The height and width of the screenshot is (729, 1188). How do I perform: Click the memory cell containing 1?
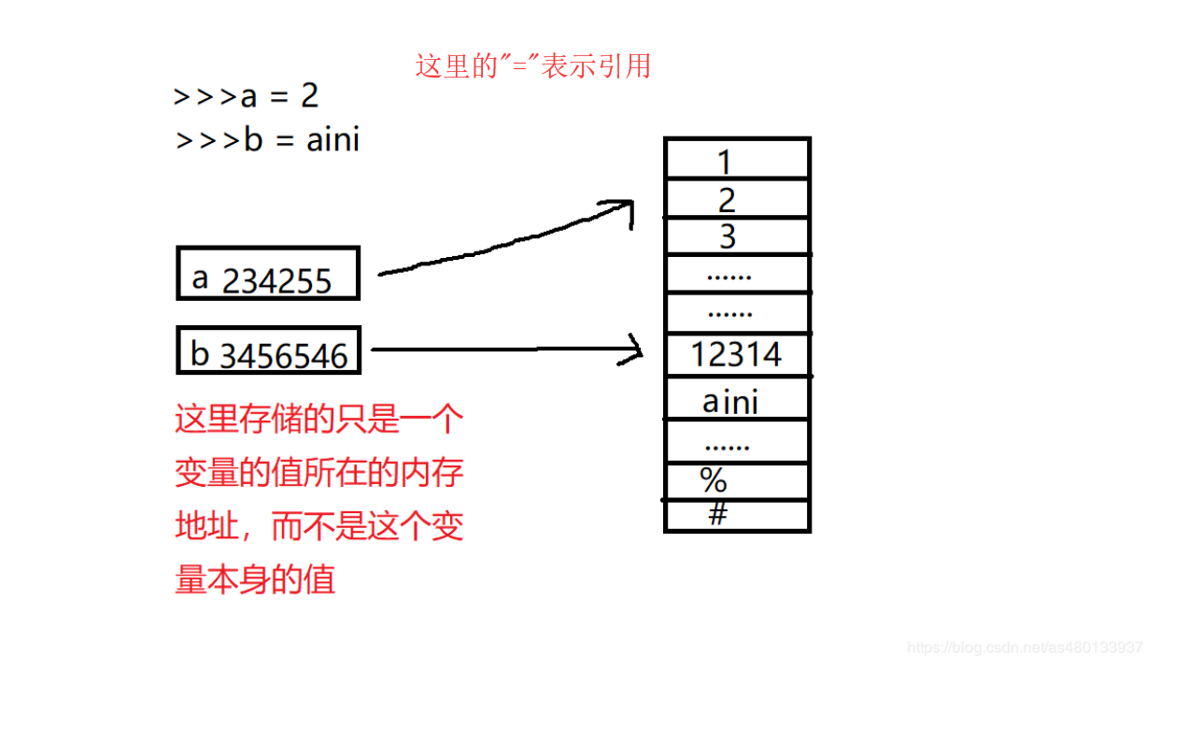tap(736, 161)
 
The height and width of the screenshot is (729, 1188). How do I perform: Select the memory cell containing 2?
tap(736, 199)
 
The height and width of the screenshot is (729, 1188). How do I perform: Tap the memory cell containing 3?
tap(736, 236)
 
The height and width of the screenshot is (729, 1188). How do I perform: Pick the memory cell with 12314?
tap(736, 354)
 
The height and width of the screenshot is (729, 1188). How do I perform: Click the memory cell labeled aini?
tap(736, 400)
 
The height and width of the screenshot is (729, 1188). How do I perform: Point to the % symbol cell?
tap(736, 481)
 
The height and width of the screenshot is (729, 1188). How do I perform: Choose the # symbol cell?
tap(736, 515)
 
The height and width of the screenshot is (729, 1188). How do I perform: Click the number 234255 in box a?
tap(277, 280)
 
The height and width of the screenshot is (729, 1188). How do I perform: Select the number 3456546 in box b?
tap(284, 355)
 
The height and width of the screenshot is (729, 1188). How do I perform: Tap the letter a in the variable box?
tap(200, 277)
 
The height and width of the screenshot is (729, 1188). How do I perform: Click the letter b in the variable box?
tap(200, 353)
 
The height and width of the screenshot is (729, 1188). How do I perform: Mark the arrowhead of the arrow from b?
tap(638, 350)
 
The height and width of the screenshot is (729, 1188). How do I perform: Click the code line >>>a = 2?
tap(247, 96)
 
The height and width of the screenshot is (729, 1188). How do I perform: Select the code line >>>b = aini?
tap(268, 140)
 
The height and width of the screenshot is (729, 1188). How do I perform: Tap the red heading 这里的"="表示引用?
tap(532, 66)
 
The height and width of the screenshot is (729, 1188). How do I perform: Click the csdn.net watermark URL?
tap(1025, 647)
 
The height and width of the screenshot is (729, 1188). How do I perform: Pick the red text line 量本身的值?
tap(255, 580)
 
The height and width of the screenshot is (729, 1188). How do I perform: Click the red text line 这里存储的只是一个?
tap(318, 420)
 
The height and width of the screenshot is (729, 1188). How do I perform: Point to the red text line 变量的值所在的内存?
tap(318, 473)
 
